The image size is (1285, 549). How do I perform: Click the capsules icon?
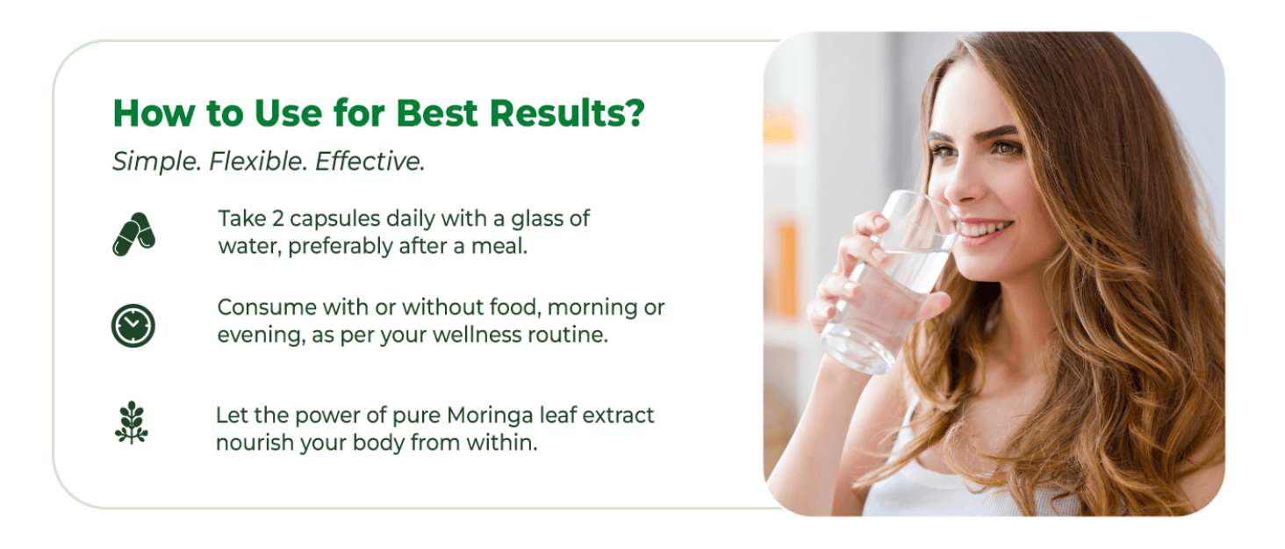(x=133, y=235)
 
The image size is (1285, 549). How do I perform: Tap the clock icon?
(x=133, y=326)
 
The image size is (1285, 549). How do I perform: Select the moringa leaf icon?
(x=132, y=423)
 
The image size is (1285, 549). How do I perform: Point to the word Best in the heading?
(x=436, y=113)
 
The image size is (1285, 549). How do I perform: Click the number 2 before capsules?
(x=277, y=219)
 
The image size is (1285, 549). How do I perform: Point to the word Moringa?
(x=490, y=415)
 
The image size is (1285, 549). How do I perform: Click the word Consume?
(x=267, y=307)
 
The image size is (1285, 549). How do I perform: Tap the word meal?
(x=499, y=246)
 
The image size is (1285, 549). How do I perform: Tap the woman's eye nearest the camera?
(x=1007, y=148)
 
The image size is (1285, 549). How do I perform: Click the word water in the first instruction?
(x=250, y=246)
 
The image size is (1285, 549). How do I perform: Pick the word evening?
(x=262, y=336)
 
